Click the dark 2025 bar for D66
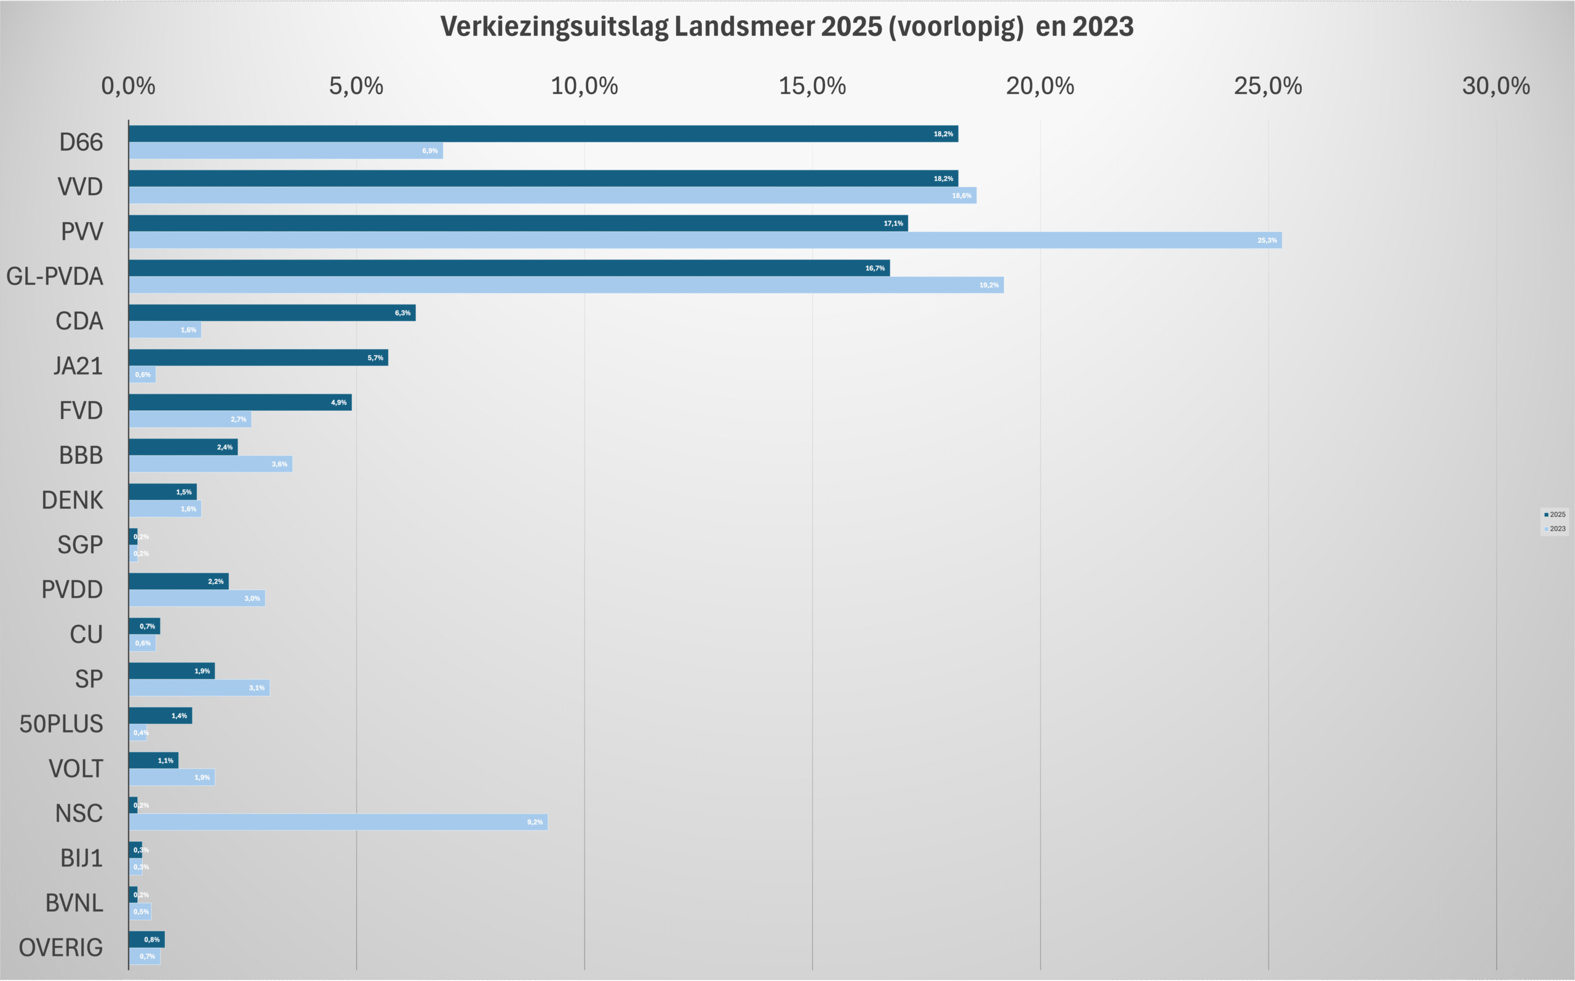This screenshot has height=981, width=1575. tap(543, 133)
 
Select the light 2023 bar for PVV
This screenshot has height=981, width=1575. tap(705, 240)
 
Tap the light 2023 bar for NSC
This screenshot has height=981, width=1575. tap(337, 822)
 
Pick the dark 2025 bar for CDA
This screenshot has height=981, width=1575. tap(272, 312)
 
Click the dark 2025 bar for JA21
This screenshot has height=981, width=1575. tap(258, 357)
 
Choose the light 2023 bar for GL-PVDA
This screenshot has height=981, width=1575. tap(566, 285)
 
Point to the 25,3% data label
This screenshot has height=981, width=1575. tap(1267, 240)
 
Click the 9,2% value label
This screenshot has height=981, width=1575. tap(535, 822)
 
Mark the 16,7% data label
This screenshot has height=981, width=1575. tap(875, 268)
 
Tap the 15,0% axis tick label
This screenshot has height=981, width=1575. tap(812, 86)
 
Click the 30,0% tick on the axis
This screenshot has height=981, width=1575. tap(1496, 86)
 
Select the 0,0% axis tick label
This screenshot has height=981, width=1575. tap(129, 86)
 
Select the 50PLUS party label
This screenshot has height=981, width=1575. tap(61, 724)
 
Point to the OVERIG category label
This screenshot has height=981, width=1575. tap(60, 948)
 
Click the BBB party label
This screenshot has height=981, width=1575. tap(81, 456)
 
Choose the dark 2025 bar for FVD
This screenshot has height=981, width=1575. tap(240, 402)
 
